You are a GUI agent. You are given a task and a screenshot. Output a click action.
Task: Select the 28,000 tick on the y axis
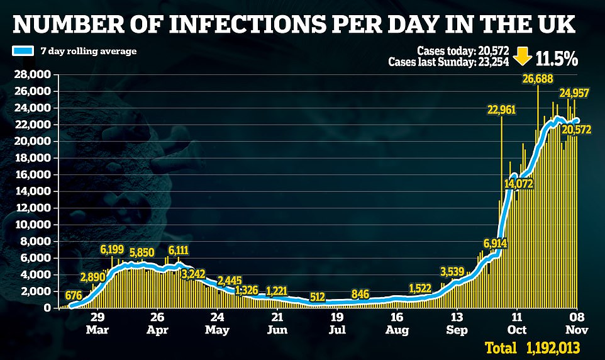click(32, 75)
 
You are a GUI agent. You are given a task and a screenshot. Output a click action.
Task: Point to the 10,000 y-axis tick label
click(32, 225)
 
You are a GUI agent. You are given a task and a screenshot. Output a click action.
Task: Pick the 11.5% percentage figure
click(557, 59)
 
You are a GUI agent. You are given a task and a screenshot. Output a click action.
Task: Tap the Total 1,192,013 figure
click(532, 347)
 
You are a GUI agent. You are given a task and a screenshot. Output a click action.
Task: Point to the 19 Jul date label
click(337, 322)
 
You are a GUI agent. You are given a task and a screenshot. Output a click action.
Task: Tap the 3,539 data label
click(452, 272)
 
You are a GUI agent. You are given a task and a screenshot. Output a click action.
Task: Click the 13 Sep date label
click(457, 322)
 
